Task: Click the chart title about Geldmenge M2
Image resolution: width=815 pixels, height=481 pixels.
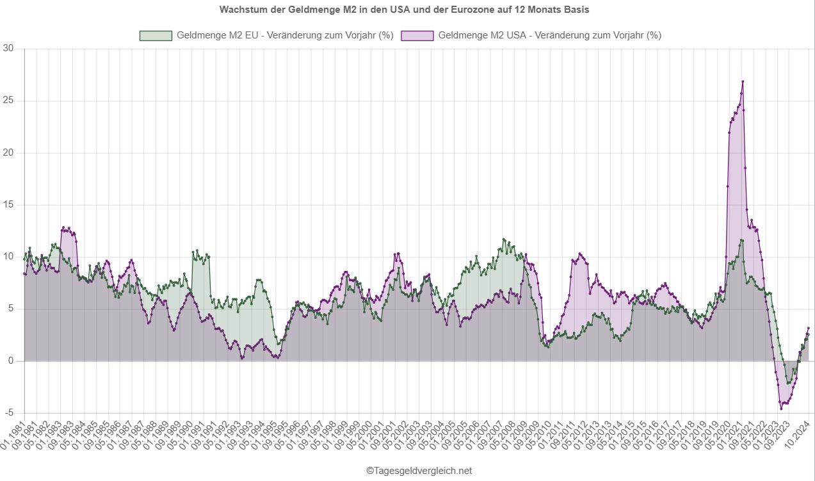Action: pos(404,10)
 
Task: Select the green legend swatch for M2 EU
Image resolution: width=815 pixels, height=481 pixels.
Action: pos(156,36)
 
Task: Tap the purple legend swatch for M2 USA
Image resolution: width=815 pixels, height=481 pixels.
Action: pos(417,36)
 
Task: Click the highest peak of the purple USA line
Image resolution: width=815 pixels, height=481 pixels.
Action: pos(742,81)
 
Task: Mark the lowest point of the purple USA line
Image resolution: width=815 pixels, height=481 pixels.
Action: pos(781,409)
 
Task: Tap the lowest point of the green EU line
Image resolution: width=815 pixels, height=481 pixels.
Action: pos(787,384)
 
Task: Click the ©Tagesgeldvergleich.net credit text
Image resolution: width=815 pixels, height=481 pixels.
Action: pos(419,471)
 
